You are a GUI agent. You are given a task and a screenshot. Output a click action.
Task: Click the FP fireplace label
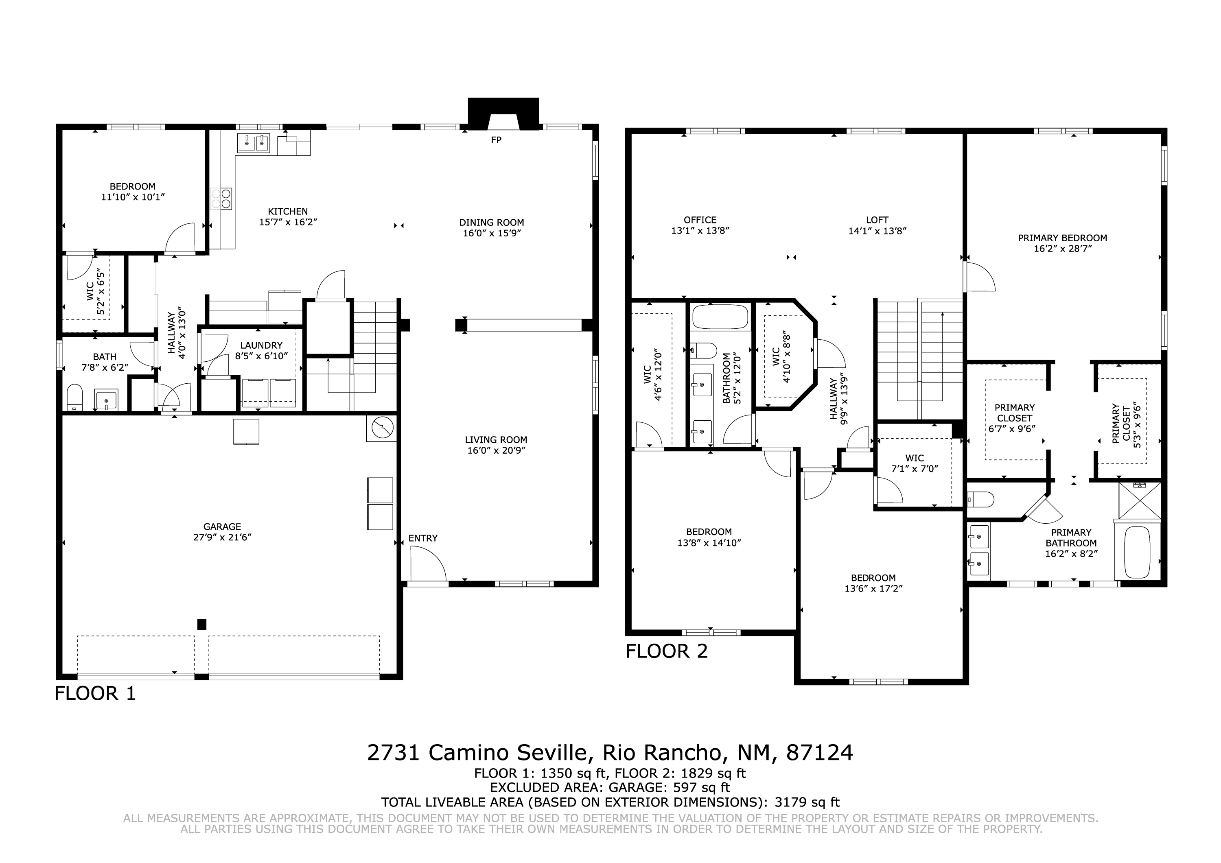click(496, 140)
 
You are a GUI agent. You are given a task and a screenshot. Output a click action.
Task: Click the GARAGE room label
click(222, 527)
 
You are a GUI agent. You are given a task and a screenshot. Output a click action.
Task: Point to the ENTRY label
click(423, 538)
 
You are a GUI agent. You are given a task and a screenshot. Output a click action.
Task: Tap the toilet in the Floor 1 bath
click(74, 398)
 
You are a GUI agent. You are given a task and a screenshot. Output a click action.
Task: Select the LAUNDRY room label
click(261, 345)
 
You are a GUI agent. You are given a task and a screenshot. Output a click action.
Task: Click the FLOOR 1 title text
click(95, 694)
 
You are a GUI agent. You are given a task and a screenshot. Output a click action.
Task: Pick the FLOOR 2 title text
click(667, 651)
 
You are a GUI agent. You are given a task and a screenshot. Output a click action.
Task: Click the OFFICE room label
click(700, 220)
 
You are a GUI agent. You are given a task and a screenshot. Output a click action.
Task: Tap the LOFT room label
click(877, 220)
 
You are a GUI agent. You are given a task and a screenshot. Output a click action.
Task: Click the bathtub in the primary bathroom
click(1138, 552)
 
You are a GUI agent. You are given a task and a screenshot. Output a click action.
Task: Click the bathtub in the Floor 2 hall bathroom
click(720, 317)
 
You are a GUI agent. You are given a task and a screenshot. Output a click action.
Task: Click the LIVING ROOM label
click(496, 440)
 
